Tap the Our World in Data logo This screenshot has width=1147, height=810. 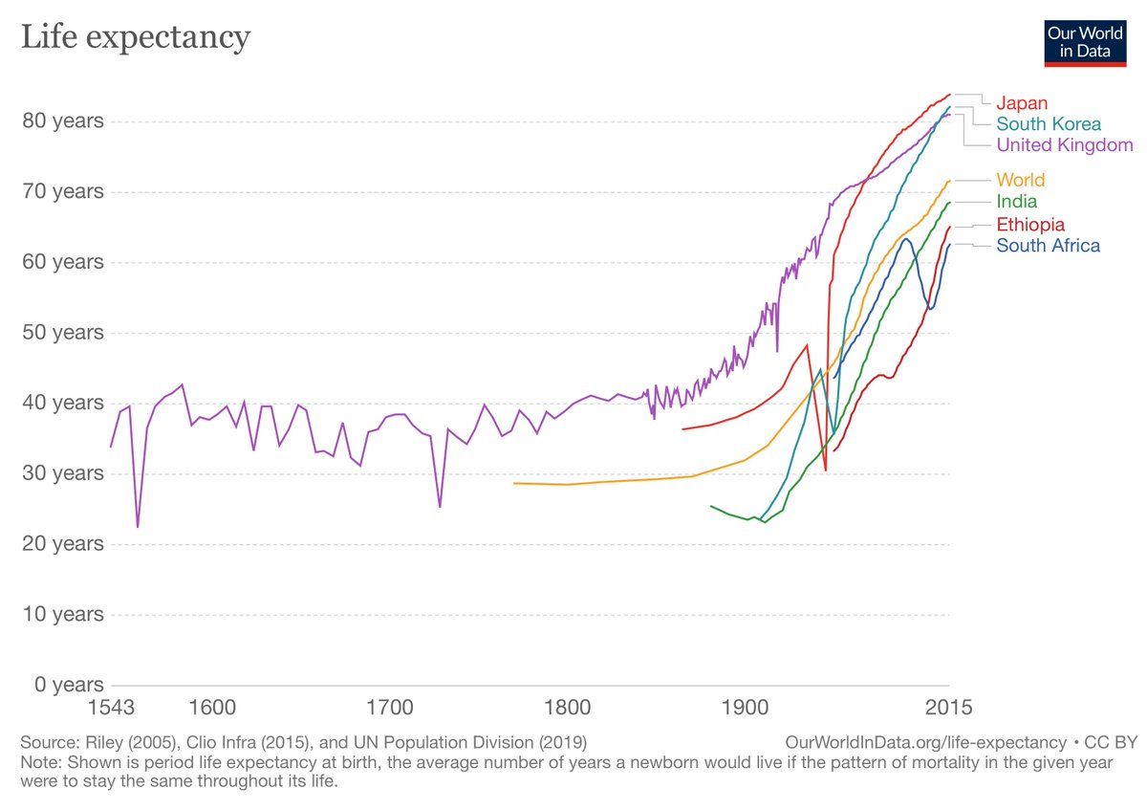click(1085, 42)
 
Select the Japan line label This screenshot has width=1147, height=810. click(1022, 103)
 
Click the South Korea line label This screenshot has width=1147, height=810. click(1049, 124)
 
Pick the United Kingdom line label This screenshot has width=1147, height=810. click(1064, 145)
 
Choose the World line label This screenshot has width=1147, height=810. click(1020, 180)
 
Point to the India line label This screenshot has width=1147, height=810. click(1016, 202)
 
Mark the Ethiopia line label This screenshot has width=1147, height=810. click(1029, 225)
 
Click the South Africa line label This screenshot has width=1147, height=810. click(1048, 246)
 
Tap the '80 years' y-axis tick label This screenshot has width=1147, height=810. click(62, 121)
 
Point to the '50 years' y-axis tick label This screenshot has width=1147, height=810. click(62, 333)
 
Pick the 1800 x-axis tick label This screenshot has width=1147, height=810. click(567, 709)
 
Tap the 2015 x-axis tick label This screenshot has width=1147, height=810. click(949, 709)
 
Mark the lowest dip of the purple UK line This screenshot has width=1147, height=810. click(138, 527)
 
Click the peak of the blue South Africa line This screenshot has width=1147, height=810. click(905, 238)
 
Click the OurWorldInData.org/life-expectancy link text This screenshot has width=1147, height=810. click(925, 742)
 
